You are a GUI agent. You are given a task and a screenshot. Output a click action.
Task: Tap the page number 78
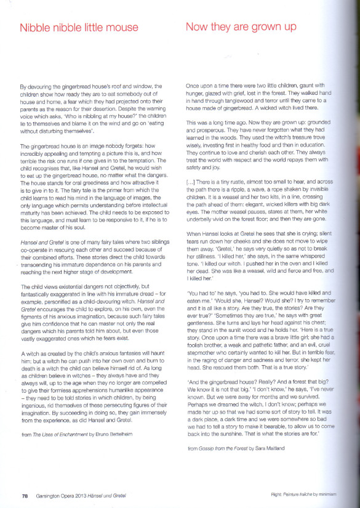[x=25, y=495]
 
